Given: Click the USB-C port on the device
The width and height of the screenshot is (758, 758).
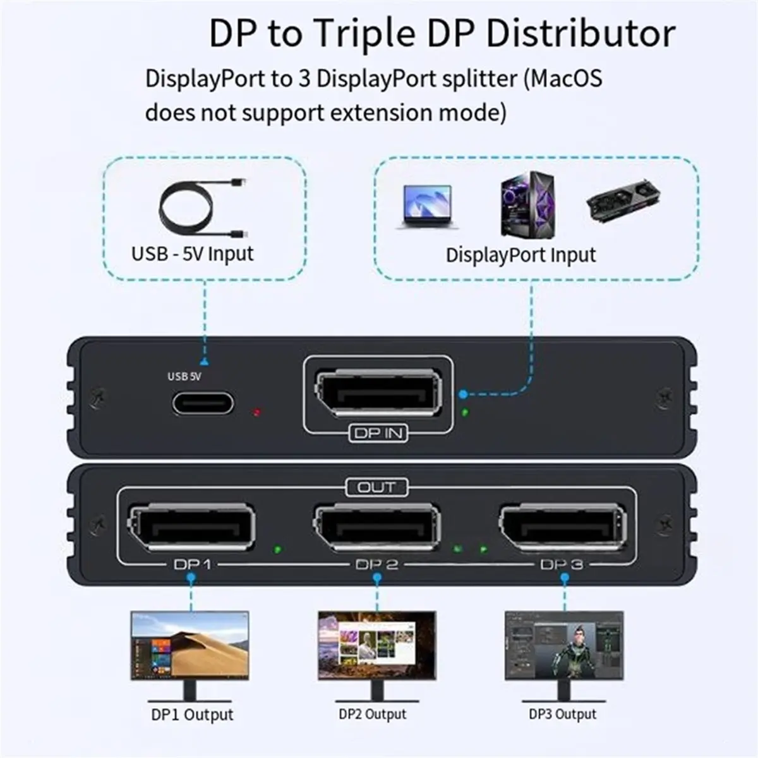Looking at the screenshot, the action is pyautogui.click(x=203, y=404).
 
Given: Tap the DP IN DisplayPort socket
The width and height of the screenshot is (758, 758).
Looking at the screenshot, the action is pyautogui.click(x=378, y=393).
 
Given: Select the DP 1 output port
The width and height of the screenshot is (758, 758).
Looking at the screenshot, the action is pyautogui.click(x=191, y=527).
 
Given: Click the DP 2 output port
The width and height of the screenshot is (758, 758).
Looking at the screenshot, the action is pyautogui.click(x=377, y=527).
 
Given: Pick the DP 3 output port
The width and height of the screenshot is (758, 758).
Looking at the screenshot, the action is pyautogui.click(x=563, y=527).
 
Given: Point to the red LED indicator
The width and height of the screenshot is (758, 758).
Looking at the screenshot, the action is pyautogui.click(x=257, y=412).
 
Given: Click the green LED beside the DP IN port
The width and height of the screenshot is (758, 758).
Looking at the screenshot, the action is pyautogui.click(x=466, y=412).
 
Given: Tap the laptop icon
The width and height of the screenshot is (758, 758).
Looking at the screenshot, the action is pyautogui.click(x=428, y=207).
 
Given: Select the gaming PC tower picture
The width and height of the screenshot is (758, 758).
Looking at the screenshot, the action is pyautogui.click(x=527, y=204).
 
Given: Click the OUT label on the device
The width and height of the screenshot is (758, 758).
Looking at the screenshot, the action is pyautogui.click(x=376, y=488).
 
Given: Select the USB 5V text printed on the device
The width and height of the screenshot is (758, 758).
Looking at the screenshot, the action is pyautogui.click(x=184, y=376).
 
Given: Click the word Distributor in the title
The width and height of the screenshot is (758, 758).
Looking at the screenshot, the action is pyautogui.click(x=581, y=34).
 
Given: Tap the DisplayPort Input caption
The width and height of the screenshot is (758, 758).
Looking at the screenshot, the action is pyautogui.click(x=520, y=255).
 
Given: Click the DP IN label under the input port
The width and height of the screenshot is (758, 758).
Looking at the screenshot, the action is pyautogui.click(x=378, y=433).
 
